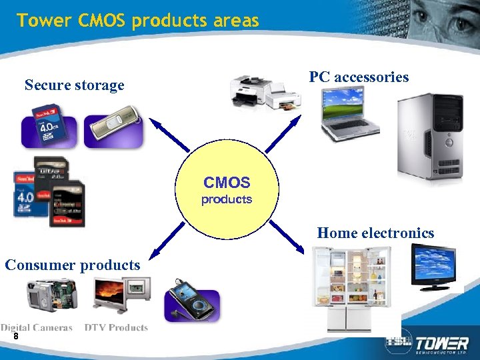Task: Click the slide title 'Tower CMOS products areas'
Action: (x=138, y=21)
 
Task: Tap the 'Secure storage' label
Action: (x=74, y=85)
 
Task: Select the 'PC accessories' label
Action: (x=359, y=77)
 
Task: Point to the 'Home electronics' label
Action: (x=375, y=233)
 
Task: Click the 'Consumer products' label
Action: (x=73, y=265)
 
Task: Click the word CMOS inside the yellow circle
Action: (x=227, y=183)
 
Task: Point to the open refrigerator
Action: (x=351, y=289)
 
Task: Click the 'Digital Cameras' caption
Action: (x=37, y=327)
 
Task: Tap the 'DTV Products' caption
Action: (x=116, y=327)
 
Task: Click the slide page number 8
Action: (x=15, y=337)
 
